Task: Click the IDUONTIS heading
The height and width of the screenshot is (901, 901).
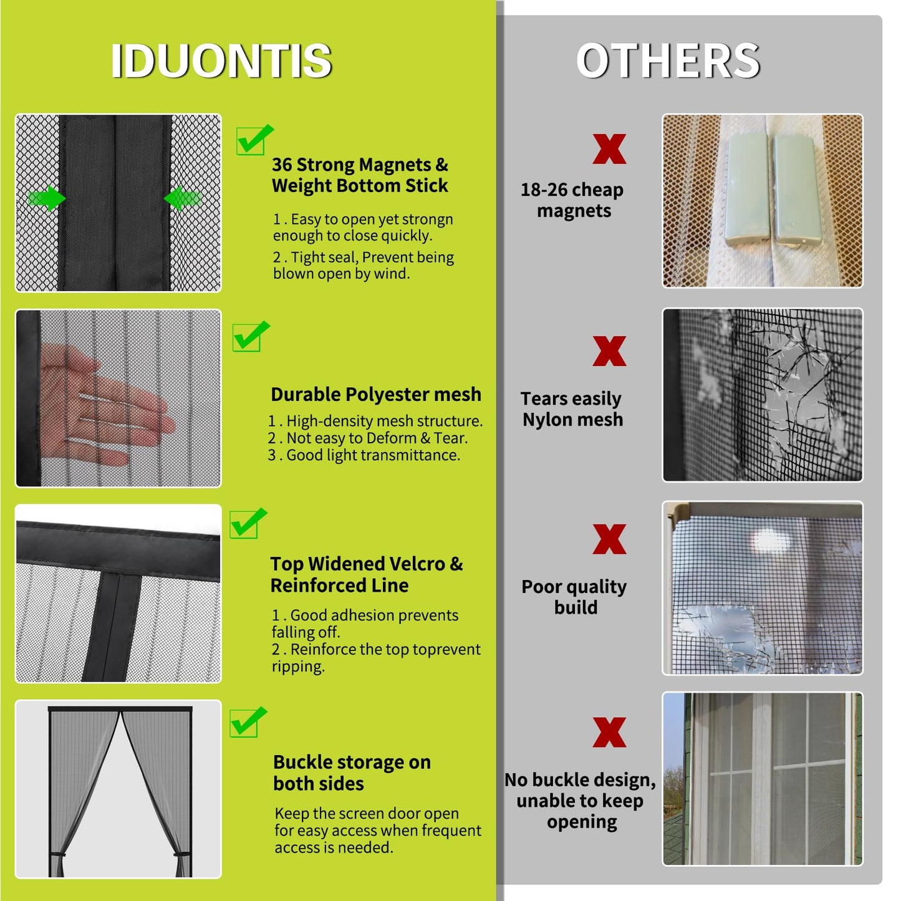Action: coord(221,61)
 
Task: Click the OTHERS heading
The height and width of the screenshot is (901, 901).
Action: coord(668,61)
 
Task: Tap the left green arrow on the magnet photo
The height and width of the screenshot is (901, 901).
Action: coord(47,199)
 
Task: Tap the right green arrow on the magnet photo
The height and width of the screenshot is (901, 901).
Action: coord(181,199)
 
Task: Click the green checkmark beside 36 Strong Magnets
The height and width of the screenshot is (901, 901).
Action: coord(253,140)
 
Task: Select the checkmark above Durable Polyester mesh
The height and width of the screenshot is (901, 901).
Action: coord(250,337)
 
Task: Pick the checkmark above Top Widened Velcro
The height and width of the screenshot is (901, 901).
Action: coord(247,523)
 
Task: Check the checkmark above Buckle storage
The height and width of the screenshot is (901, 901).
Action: coord(247,723)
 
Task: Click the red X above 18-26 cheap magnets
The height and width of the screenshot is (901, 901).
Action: coord(609,150)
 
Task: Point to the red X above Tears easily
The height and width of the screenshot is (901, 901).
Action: coord(609,351)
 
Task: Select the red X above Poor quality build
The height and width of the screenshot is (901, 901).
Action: coord(609,539)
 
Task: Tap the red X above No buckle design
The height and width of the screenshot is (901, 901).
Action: coord(609,732)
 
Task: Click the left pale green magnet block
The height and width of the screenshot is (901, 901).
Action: coord(747,190)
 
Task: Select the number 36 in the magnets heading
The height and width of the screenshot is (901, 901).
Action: coord(282,165)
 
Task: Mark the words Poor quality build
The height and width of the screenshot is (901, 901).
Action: coord(574,597)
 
